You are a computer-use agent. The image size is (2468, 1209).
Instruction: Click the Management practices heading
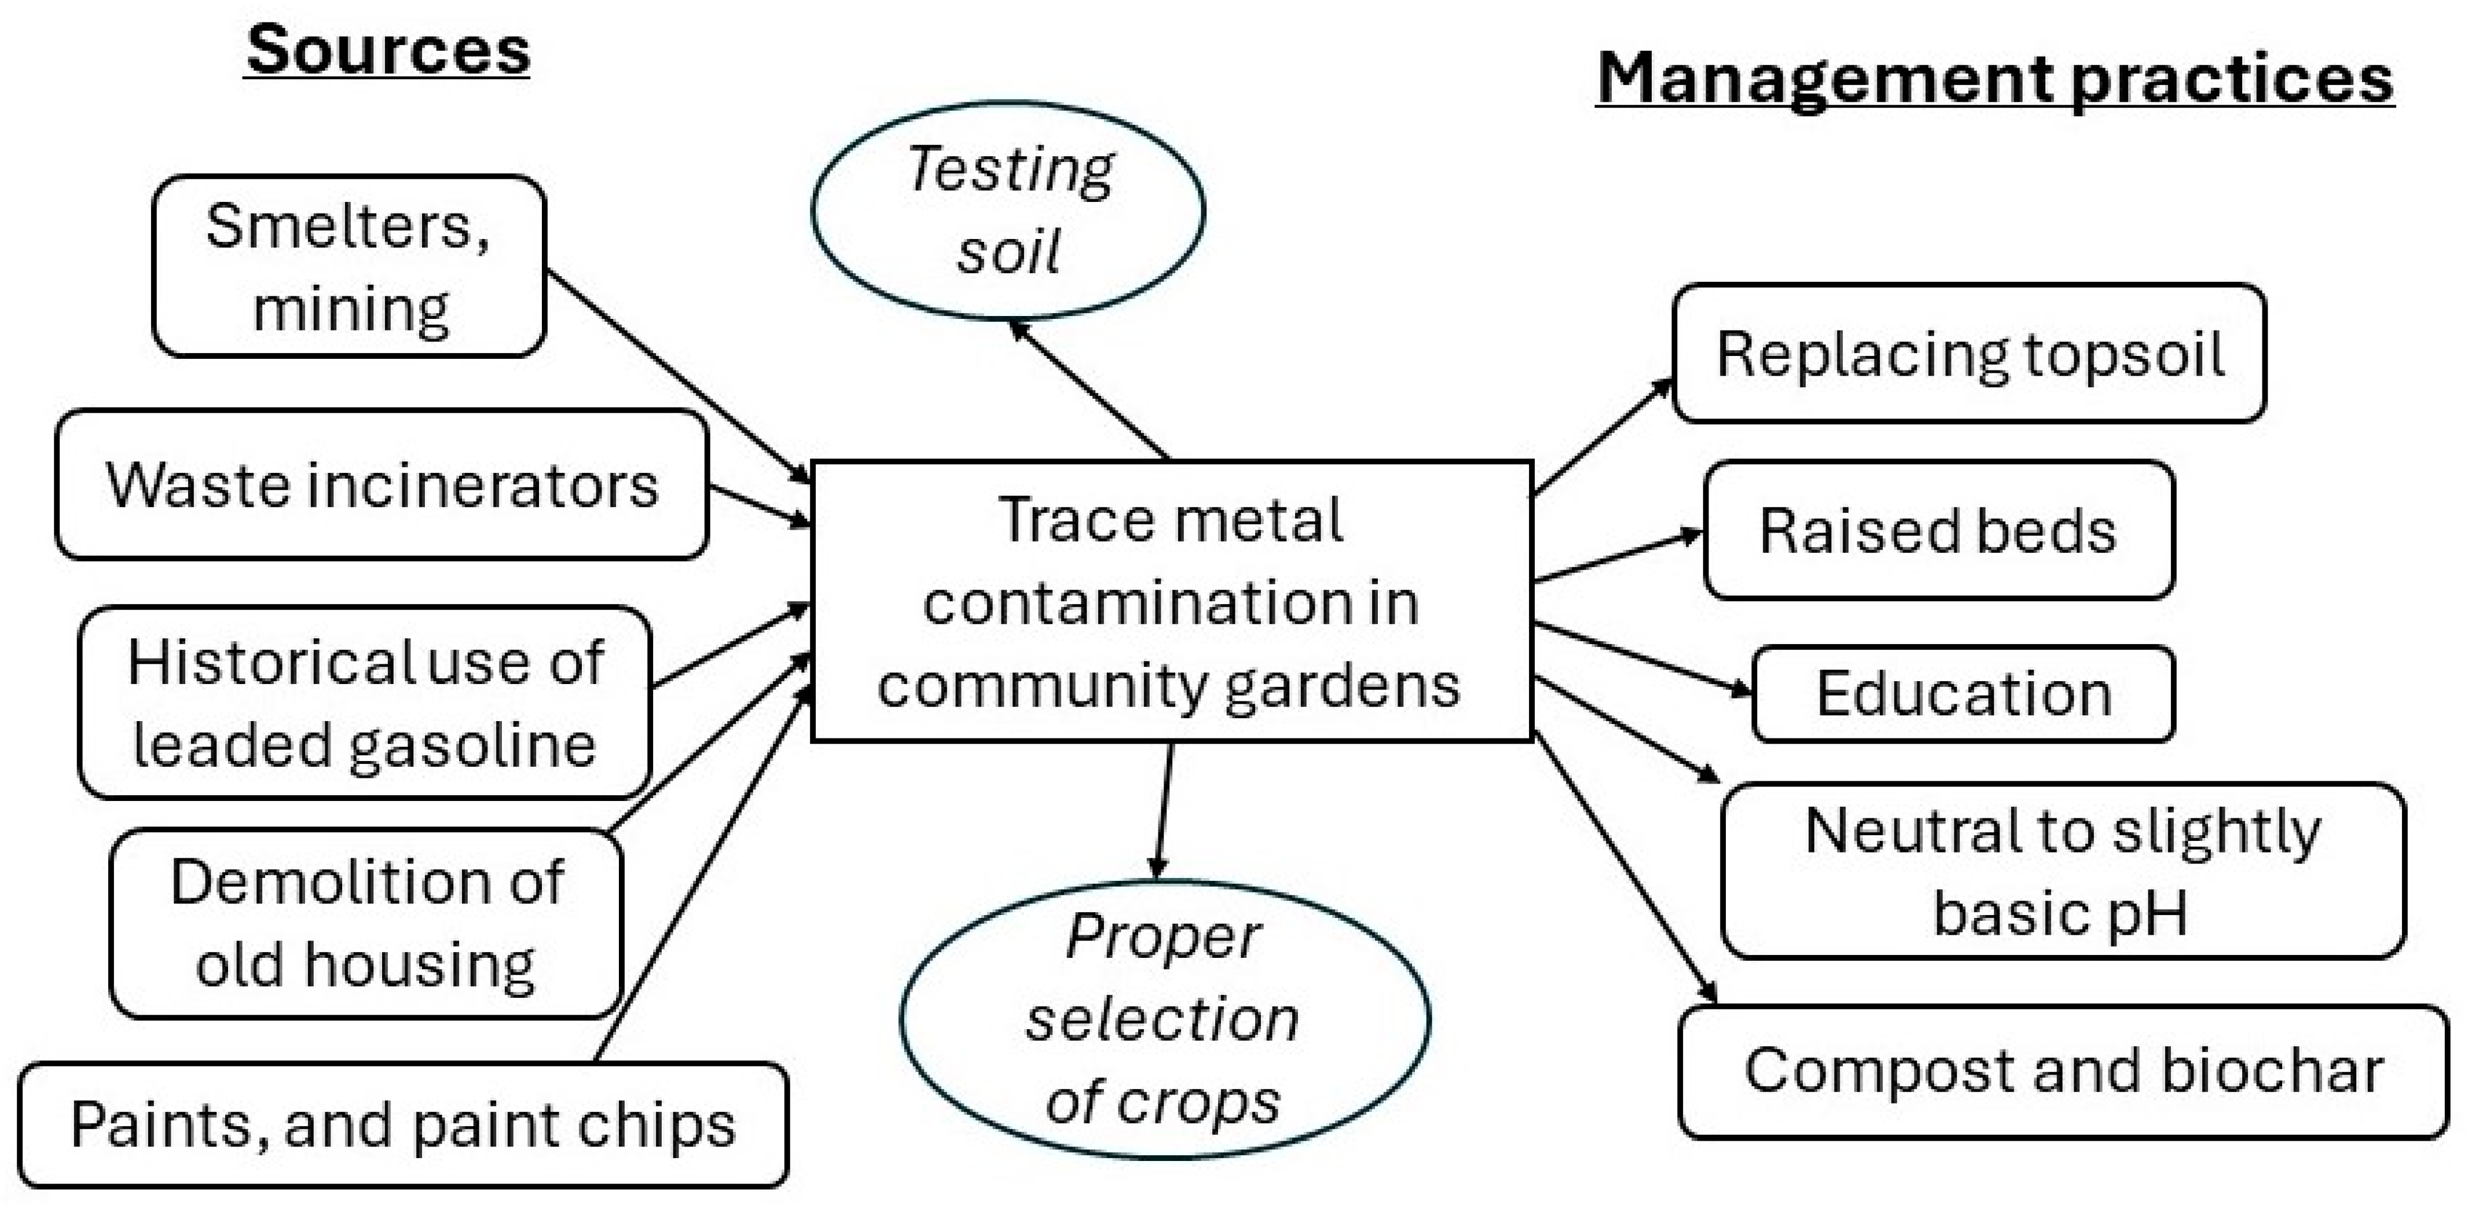[1994, 79]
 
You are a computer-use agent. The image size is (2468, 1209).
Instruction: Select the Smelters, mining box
[349, 266]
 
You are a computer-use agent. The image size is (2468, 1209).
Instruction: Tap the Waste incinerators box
[382, 485]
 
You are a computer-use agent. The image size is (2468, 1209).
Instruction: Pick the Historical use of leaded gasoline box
[365, 702]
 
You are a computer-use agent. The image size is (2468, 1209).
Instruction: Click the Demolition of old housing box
[366, 923]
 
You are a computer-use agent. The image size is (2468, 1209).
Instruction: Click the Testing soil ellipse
[1008, 210]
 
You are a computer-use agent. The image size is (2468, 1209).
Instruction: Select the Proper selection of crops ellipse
[1164, 1019]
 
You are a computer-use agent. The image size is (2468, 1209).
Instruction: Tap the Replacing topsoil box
[1969, 354]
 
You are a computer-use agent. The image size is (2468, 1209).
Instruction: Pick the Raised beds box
[1938, 531]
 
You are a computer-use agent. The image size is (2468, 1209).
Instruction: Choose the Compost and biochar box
[2063, 1071]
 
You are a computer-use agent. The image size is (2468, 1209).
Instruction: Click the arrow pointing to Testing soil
[1090, 390]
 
